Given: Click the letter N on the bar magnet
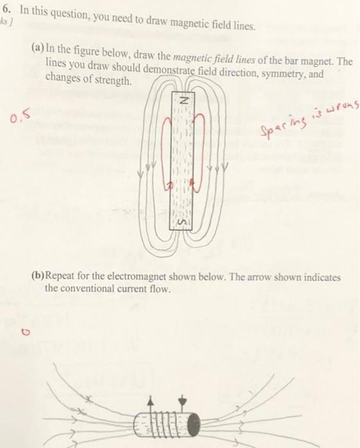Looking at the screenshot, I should click(x=182, y=101).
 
